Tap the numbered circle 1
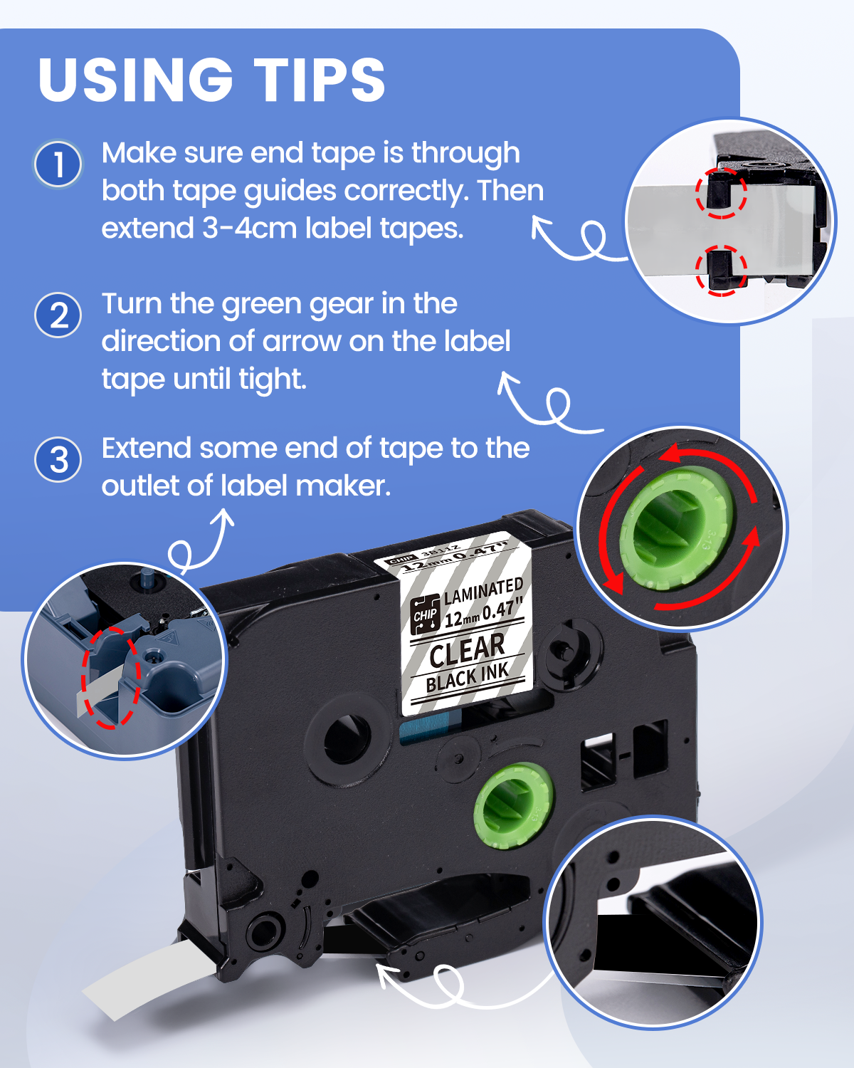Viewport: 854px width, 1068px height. (58, 164)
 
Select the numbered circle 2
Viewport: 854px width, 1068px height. (58, 315)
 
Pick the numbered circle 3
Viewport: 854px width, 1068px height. (58, 459)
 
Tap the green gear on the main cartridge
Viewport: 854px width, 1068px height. (514, 805)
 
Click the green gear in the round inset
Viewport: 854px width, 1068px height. (676, 529)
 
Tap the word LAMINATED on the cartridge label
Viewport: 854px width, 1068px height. (483, 591)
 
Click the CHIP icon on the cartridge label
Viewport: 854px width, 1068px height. (425, 614)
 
